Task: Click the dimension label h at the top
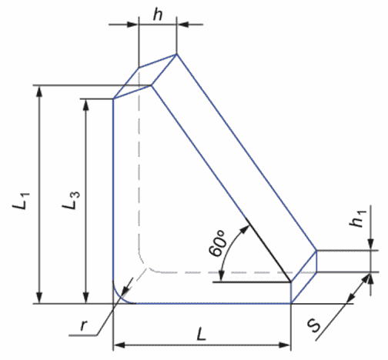click(x=158, y=15)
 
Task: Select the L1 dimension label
click(x=22, y=200)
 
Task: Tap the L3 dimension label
click(x=71, y=200)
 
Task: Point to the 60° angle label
click(x=218, y=243)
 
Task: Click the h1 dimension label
click(x=357, y=218)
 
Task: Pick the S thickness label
click(x=315, y=325)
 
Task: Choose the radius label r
click(x=84, y=325)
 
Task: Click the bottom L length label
click(x=202, y=334)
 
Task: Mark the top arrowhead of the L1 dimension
click(x=39, y=91)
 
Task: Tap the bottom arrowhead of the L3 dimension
click(x=86, y=298)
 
